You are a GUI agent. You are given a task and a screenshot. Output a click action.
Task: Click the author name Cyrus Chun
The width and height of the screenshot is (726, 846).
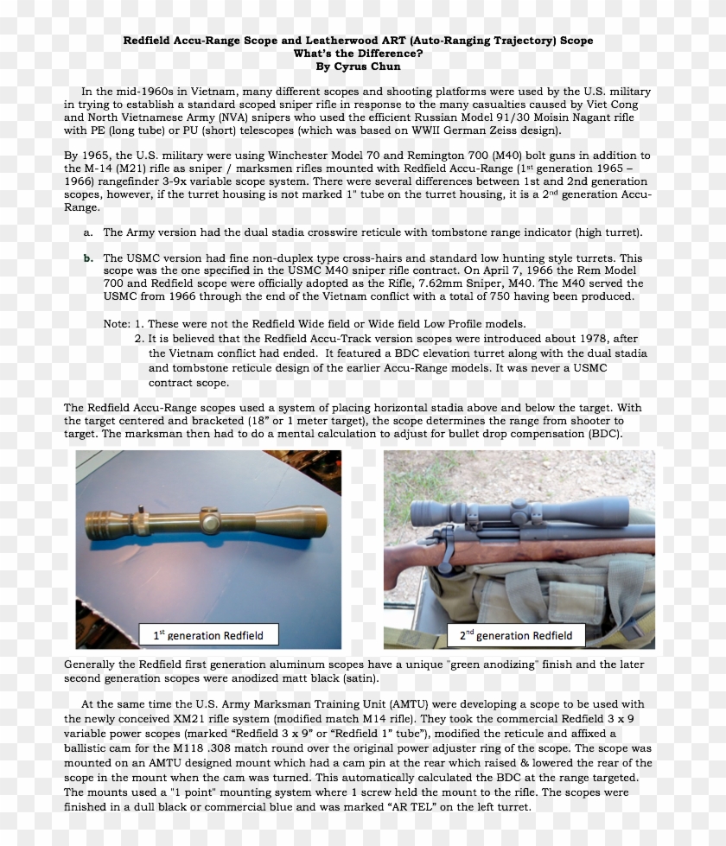(x=358, y=66)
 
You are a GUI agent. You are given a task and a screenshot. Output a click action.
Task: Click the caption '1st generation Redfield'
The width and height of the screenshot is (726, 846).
(x=208, y=635)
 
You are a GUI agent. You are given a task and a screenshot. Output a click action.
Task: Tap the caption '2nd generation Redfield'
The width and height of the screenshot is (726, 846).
(x=515, y=635)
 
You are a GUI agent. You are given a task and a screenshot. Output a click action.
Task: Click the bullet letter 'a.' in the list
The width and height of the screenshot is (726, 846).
(x=88, y=232)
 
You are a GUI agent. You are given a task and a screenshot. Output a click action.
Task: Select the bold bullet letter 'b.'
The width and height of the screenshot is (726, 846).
(x=88, y=258)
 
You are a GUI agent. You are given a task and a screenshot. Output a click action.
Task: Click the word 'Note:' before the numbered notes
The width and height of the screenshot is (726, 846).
(x=117, y=323)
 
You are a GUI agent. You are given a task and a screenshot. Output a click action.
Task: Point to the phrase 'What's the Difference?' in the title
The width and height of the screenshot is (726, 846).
(x=357, y=54)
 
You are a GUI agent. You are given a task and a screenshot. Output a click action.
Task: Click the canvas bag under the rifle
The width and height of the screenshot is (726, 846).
(x=553, y=596)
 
